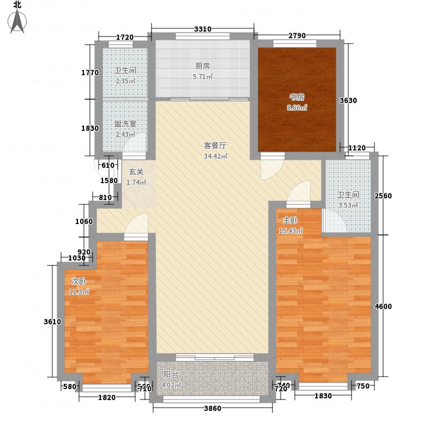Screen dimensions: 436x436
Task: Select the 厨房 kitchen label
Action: point(202,66)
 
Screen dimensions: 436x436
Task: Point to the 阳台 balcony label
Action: point(171,374)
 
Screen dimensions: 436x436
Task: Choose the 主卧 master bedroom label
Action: point(290,221)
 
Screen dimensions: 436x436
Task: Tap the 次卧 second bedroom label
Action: point(79,281)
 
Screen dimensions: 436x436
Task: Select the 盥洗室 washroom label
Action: point(125,124)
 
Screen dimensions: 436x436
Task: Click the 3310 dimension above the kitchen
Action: point(203,29)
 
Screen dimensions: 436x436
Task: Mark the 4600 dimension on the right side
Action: point(384,306)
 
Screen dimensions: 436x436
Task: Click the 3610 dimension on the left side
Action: point(52,322)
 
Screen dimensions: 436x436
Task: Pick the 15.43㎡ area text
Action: point(290,231)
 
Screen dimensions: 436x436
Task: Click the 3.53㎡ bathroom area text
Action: point(347,205)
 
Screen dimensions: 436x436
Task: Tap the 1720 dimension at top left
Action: point(125,37)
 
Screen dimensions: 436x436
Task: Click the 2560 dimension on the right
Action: point(384,196)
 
